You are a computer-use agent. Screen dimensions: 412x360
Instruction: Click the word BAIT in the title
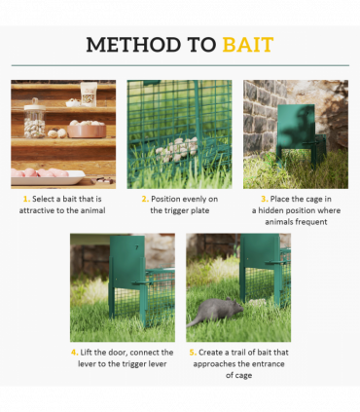pos(248,45)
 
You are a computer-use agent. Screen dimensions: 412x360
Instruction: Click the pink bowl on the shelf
pos(89,129)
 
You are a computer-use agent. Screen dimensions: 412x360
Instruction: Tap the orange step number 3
pos(264,198)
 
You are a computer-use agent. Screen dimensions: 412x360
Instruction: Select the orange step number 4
pos(74,353)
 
